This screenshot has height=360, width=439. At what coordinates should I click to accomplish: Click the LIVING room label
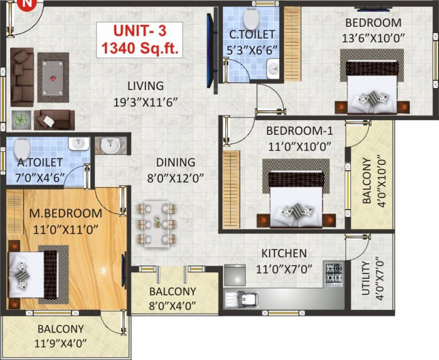tap(146, 86)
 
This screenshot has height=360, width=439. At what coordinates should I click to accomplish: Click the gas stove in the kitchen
tap(333, 272)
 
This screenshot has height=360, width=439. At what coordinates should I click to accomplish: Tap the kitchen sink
tap(242, 299)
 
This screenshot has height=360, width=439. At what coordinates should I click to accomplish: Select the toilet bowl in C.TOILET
tap(252, 17)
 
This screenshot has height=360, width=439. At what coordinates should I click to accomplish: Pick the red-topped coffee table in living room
tap(53, 77)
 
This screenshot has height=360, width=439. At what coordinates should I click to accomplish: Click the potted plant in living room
tap(21, 120)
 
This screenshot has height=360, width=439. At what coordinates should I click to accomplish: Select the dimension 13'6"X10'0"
tap(374, 36)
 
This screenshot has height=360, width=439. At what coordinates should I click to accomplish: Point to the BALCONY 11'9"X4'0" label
tap(61, 329)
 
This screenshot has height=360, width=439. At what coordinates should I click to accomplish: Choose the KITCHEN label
tap(284, 254)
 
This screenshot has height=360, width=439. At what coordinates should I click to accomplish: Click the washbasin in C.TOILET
tap(273, 71)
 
